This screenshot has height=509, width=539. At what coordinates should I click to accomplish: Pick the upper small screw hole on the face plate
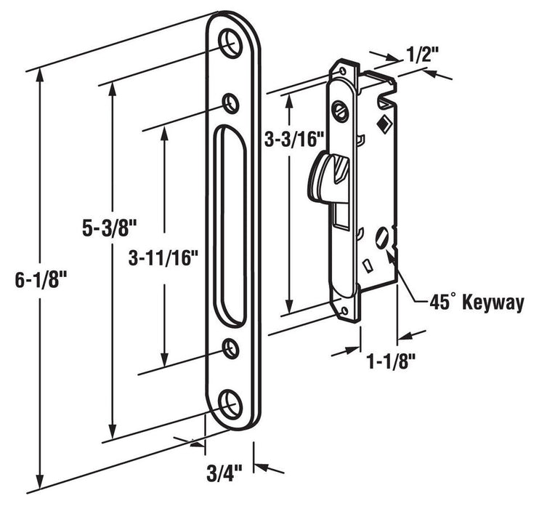point(232,103)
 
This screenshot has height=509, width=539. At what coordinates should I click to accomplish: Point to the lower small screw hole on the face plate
point(232,348)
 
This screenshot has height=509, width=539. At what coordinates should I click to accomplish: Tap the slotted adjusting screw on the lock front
point(338,111)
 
